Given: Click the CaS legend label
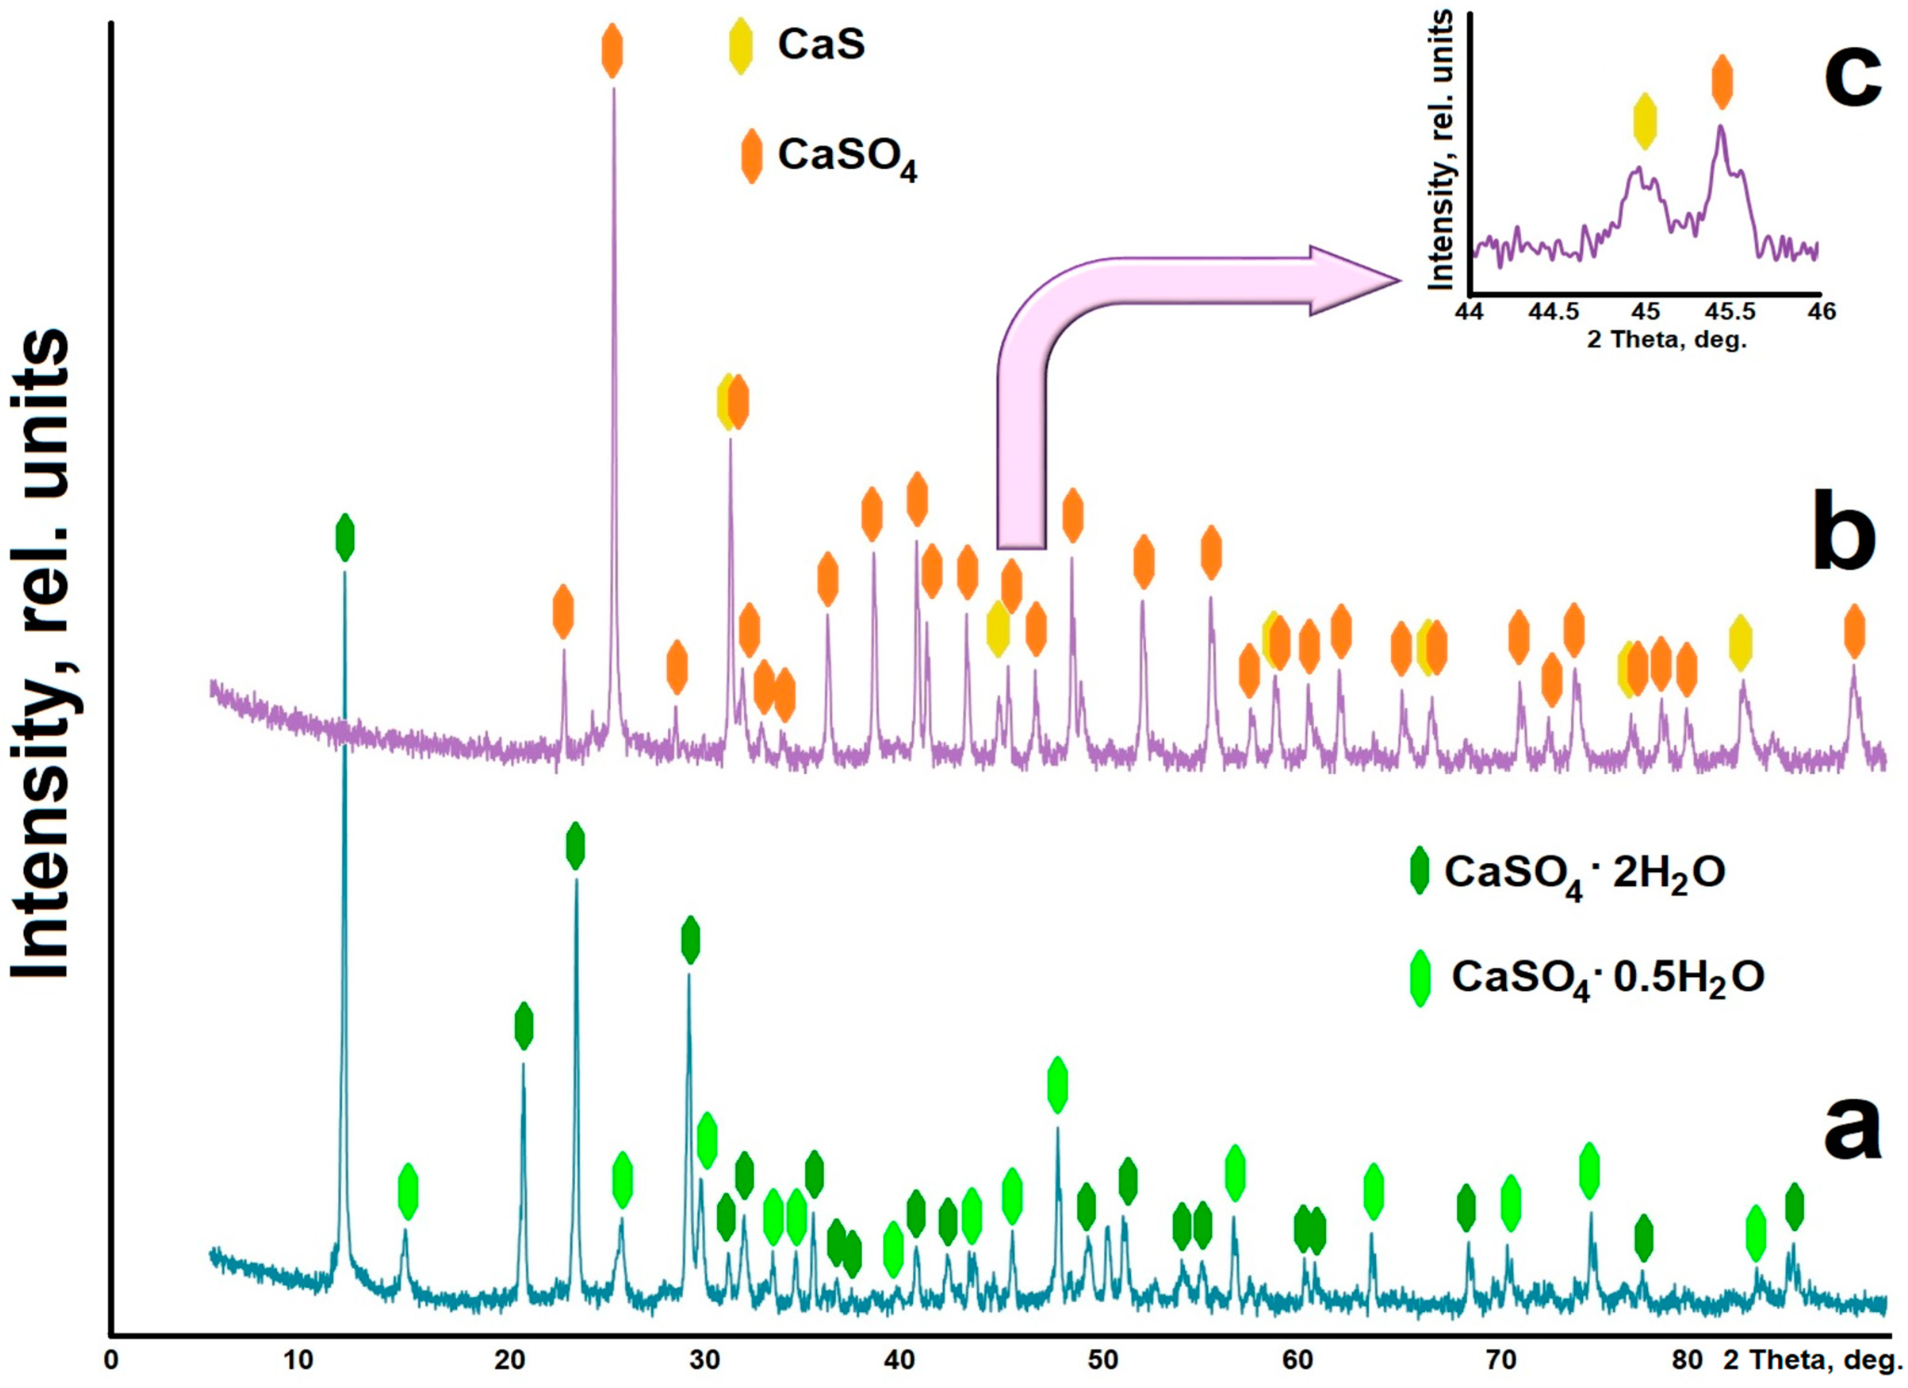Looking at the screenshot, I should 820,44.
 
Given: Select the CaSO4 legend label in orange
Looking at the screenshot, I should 846,156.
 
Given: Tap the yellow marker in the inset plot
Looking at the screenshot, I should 1645,122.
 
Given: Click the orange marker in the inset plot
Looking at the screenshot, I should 1722,82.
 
